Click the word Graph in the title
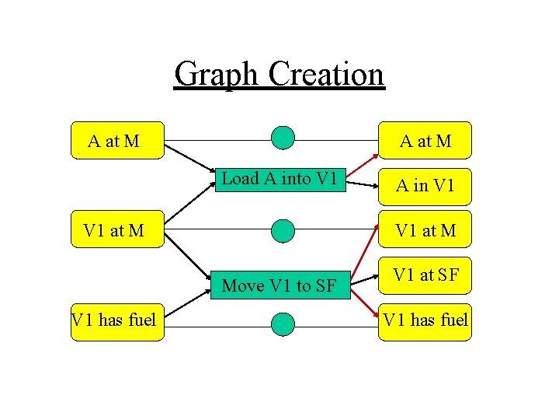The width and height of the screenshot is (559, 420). click(x=218, y=75)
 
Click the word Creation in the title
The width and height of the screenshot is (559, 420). click(x=326, y=75)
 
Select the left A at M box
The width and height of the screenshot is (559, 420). click(x=117, y=141)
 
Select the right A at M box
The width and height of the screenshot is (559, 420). click(x=425, y=141)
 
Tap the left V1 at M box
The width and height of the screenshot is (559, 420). click(x=117, y=229)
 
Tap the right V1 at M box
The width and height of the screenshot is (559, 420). click(x=425, y=229)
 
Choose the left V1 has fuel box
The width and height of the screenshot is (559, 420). click(x=117, y=319)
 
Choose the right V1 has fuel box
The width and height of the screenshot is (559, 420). click(x=425, y=319)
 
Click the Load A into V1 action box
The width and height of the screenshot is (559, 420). click(x=279, y=179)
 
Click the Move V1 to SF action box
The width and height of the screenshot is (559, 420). click(x=279, y=285)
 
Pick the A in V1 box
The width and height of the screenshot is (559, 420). click(x=425, y=185)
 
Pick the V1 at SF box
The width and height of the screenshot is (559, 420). click(x=425, y=275)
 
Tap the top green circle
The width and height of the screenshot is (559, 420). click(x=283, y=138)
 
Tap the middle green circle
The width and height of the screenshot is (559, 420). click(x=283, y=230)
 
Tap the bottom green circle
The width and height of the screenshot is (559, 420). click(x=283, y=324)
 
